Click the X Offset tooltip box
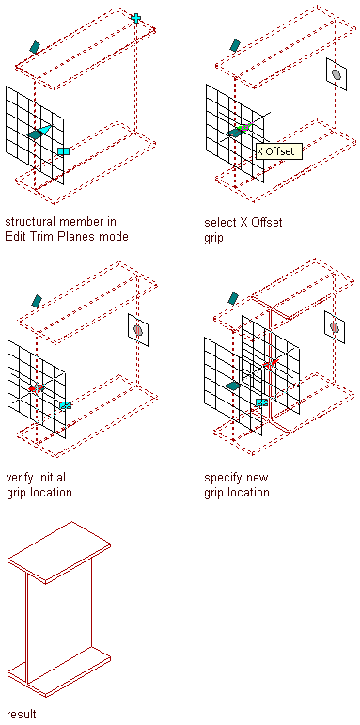278,151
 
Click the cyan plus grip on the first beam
136,18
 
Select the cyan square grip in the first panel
63,151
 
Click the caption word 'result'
22,714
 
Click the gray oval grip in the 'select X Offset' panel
337,74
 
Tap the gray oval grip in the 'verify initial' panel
138,330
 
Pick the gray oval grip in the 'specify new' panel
335,327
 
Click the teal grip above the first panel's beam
35,47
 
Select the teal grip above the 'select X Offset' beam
235,45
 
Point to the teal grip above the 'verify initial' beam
37,301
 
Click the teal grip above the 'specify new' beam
233,298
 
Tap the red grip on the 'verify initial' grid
36,388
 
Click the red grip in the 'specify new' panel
270,364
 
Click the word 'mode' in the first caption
114,237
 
